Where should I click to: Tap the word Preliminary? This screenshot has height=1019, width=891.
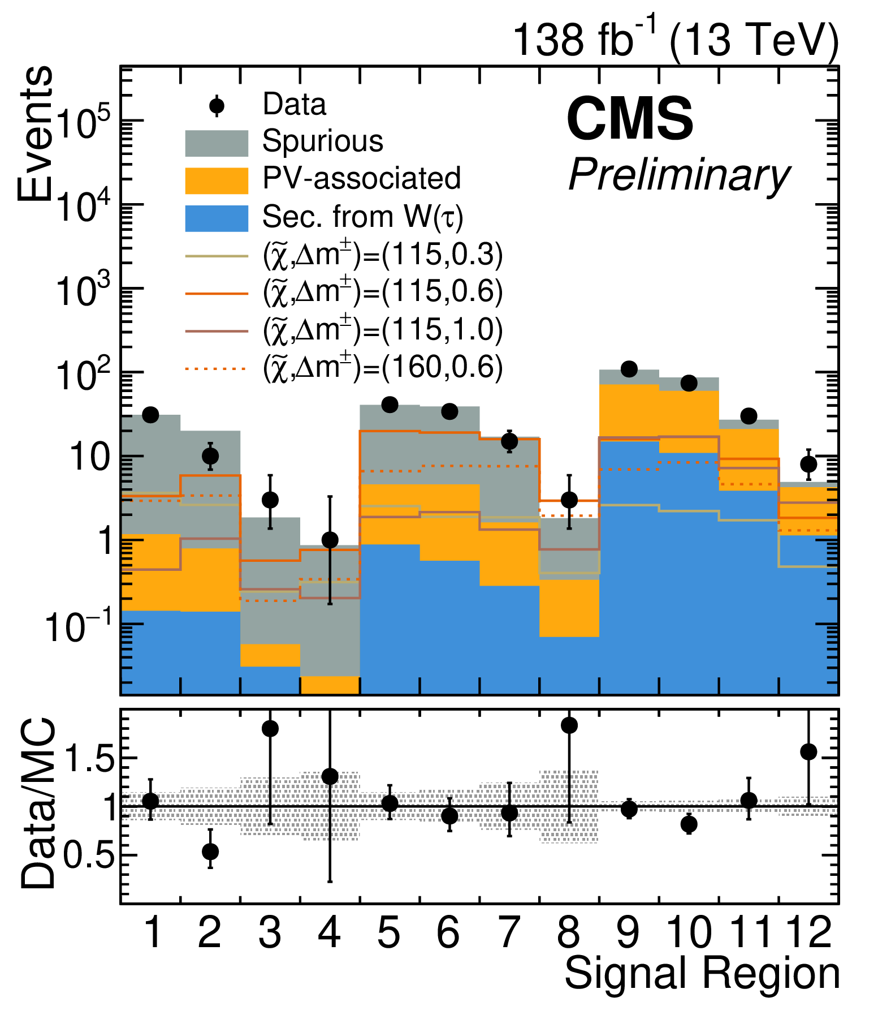(x=678, y=175)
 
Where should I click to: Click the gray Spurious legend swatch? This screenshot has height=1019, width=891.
(x=217, y=143)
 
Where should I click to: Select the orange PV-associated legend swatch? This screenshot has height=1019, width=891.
(x=217, y=180)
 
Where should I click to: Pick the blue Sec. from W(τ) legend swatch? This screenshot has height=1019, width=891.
(x=217, y=218)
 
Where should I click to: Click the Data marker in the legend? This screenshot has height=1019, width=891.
(x=217, y=106)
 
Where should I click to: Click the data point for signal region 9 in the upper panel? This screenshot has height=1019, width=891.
(x=629, y=369)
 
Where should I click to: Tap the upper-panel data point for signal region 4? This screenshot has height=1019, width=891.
(x=330, y=540)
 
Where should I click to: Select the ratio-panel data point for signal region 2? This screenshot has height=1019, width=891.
(x=210, y=852)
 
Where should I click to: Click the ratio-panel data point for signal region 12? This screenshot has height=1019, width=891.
(x=808, y=752)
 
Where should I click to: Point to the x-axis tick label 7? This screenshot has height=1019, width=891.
(x=509, y=932)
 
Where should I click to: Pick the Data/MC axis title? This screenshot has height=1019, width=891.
(x=38, y=803)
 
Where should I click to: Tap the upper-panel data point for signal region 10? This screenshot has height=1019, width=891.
(x=689, y=383)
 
